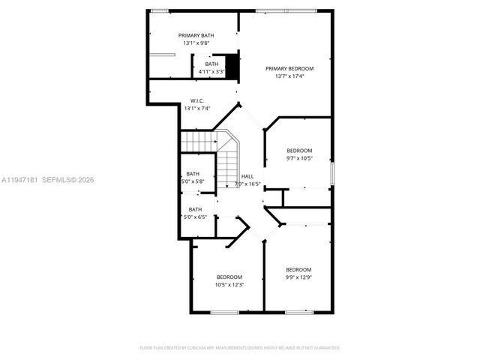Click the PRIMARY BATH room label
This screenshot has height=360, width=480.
tap(196, 36)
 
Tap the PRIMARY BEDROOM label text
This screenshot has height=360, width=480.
tap(289, 68)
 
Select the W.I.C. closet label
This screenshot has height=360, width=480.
tap(196, 100)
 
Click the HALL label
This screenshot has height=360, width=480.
tap(247, 176)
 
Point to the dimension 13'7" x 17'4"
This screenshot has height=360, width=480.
tap(289, 76)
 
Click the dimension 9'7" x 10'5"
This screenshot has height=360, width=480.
tap(299, 158)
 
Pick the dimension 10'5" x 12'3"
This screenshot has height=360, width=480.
tap(229, 284)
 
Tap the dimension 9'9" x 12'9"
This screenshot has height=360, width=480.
tap(298, 277)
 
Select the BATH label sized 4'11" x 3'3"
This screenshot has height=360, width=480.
tap(212, 64)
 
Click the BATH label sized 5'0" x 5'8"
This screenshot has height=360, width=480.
tap(193, 173)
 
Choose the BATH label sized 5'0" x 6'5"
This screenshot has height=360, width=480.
tap(195, 209)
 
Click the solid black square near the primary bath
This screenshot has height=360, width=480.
tap(232, 67)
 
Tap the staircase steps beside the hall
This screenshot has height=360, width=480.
tap(199, 141)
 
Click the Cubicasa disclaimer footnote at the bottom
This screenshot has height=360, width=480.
tap(240, 348)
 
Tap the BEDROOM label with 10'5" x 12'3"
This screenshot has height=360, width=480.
tap(229, 277)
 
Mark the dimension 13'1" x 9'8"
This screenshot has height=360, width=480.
tap(196, 43)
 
